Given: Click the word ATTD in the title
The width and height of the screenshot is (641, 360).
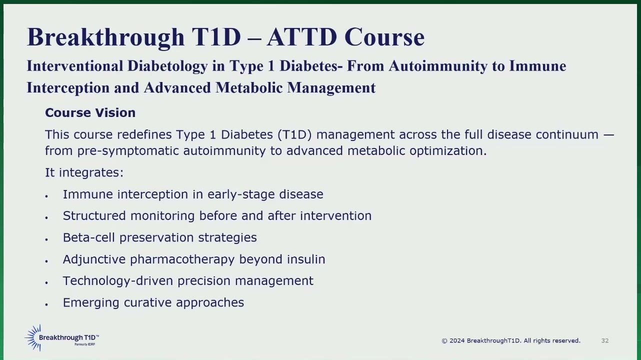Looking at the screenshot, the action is pos(302,37).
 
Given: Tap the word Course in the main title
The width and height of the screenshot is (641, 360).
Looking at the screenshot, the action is pos(384,37).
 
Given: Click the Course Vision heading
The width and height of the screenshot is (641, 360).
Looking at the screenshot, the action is pos(90,112).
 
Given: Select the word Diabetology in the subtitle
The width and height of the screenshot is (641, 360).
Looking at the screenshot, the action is pos(167,66).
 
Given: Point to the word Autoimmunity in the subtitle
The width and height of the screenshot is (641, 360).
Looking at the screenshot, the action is pos(438,66).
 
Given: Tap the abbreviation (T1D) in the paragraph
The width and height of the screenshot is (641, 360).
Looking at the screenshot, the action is pos(294,135).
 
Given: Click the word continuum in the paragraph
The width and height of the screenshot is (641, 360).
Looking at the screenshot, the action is pos(567,134).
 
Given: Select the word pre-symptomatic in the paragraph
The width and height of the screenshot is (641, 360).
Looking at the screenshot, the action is pos(128,151).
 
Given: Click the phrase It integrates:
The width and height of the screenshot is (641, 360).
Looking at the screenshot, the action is pos(84,172).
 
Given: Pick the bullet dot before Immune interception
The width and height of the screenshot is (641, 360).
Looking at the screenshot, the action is pos(46,196).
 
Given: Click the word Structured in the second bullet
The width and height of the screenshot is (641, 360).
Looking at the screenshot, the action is pos(94,216).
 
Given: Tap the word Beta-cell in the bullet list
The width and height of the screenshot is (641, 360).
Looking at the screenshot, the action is pos(88,237).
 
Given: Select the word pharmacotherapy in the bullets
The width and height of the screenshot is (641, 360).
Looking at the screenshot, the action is pos(182,259).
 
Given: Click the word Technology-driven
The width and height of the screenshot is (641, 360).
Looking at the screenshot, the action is pos(118,281).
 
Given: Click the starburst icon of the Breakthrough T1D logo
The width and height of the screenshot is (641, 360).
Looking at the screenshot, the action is pos(33,337).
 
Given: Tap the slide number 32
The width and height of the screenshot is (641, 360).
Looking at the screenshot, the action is pos(605,340).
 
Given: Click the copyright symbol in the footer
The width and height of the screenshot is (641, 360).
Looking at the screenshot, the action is pos(444,341).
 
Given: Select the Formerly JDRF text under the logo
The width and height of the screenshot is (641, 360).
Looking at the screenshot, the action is pos(84,344).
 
